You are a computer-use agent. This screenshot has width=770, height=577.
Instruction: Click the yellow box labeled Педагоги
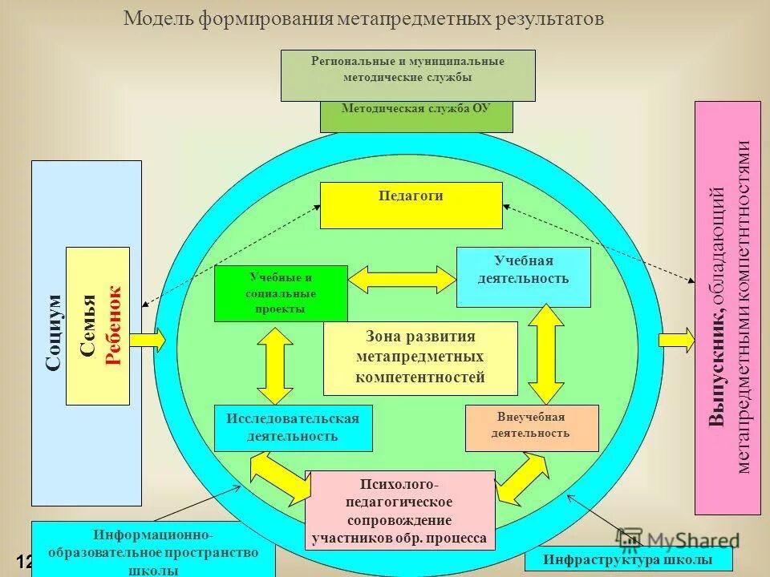click(411, 205)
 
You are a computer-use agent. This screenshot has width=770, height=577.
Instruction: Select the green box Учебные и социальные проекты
click(281, 293)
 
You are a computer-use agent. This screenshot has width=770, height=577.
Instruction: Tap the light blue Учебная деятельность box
click(523, 277)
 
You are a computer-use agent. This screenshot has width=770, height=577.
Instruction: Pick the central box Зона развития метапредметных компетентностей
click(420, 358)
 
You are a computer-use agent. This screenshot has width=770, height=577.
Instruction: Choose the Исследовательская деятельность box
click(293, 428)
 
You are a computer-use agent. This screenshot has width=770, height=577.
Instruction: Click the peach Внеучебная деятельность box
click(532, 427)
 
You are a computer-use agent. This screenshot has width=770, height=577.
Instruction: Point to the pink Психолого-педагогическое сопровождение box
click(400, 510)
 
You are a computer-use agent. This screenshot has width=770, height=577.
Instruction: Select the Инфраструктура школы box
click(628, 559)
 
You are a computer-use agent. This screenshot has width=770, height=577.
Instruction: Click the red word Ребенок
click(113, 325)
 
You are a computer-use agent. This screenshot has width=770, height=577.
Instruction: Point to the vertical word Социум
click(53, 333)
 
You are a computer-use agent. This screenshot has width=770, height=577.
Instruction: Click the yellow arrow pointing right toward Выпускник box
click(676, 340)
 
